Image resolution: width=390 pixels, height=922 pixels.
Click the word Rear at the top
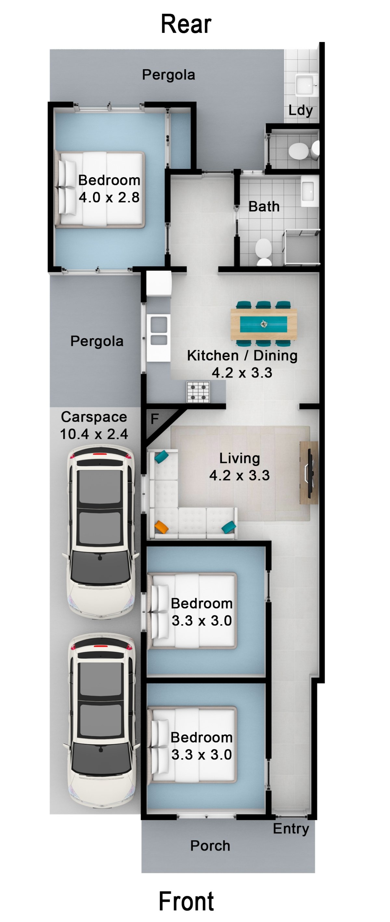pos(186,24)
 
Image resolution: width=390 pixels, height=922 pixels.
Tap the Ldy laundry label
pos(300,110)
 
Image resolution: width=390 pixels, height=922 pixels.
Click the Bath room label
pos(264,206)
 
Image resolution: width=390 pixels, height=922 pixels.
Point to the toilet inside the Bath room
pos(264,251)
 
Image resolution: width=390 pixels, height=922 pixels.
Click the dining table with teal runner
pos(264,324)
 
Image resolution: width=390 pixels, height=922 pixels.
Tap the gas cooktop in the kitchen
pos(198,392)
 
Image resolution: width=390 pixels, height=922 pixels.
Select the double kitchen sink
pos(159,331)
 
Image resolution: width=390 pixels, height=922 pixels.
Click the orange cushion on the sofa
pos(162,527)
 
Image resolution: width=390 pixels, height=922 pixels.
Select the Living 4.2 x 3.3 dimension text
pos(240,475)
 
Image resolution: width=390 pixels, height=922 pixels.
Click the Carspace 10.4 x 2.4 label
pos(94,425)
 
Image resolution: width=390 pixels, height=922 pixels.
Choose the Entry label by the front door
pos(291,829)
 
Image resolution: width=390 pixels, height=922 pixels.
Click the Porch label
pos(210,846)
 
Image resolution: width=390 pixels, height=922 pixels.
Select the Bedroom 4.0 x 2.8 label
pos(109,189)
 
